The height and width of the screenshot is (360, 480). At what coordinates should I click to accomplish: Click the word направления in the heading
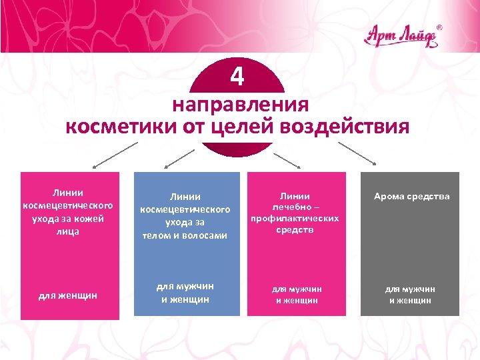point(240,105)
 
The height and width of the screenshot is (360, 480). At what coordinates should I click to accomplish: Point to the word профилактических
point(294,218)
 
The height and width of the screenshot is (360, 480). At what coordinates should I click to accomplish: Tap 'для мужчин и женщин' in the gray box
point(411,295)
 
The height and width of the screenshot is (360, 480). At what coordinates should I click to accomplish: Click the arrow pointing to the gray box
point(363,154)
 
